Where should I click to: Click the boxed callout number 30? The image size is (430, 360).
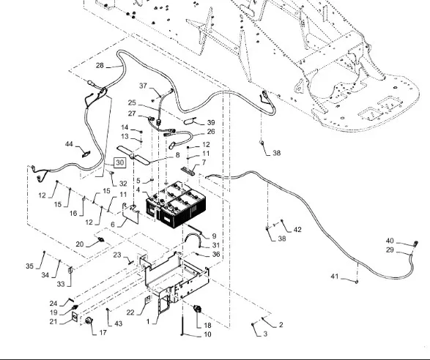120,162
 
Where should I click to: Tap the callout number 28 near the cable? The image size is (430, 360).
100,65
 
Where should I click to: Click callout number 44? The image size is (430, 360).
69,144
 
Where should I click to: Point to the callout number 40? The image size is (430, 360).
390,241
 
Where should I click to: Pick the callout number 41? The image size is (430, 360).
334,277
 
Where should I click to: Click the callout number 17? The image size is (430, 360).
103,333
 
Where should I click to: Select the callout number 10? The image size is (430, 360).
207,334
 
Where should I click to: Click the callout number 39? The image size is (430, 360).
211,122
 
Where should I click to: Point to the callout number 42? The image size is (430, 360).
297,230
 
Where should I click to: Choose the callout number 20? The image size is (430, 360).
80,244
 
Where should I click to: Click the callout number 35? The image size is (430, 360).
29,266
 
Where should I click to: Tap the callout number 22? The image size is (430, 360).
130,312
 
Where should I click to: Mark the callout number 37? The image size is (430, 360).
143,86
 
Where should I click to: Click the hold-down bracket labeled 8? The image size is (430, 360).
134,155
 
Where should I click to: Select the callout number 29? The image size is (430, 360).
390,250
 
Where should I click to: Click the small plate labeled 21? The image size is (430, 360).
75,317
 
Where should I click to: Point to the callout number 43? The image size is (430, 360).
118,323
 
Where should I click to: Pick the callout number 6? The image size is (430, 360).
113,224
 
